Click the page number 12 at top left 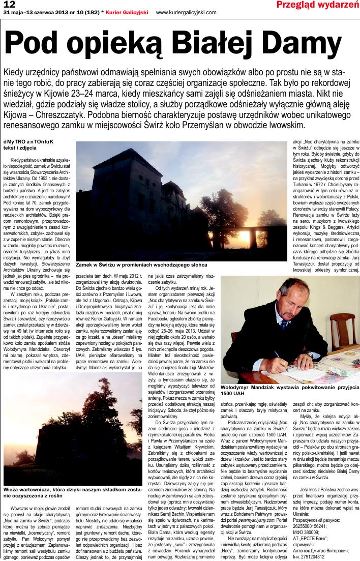(9, 4)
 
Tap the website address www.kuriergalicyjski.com (186, 12)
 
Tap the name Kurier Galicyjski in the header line (129, 12)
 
